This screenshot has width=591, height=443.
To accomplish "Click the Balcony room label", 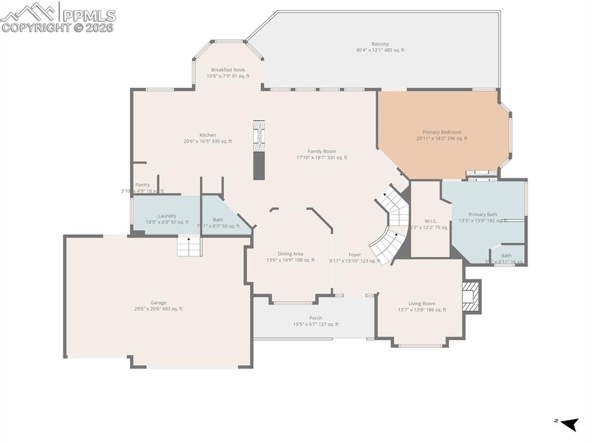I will [380, 44].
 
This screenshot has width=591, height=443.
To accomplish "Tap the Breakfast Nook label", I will [228, 70].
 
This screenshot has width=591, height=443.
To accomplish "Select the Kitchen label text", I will [208, 135].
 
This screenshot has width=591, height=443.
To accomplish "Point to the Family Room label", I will [321, 151].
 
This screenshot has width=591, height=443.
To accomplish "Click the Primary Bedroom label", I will [442, 132].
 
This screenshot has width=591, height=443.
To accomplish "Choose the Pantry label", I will [143, 185].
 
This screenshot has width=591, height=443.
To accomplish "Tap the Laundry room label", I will [167, 216].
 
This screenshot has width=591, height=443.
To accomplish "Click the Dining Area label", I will [290, 254].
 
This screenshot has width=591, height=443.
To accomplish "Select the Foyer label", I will [354, 255].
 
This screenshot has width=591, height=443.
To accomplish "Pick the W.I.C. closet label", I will [431, 220].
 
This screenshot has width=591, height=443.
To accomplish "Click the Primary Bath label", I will [482, 214].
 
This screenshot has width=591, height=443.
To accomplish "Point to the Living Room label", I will [421, 304].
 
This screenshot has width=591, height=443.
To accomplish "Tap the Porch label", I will [315, 318].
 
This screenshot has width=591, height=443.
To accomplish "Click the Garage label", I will [158, 303].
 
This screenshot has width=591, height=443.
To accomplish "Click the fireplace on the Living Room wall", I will [472, 296].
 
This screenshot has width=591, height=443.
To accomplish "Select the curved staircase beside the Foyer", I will [391, 225].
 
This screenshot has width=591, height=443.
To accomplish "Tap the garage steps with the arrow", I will [189, 247].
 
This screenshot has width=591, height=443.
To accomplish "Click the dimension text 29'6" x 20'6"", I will [158, 309].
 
